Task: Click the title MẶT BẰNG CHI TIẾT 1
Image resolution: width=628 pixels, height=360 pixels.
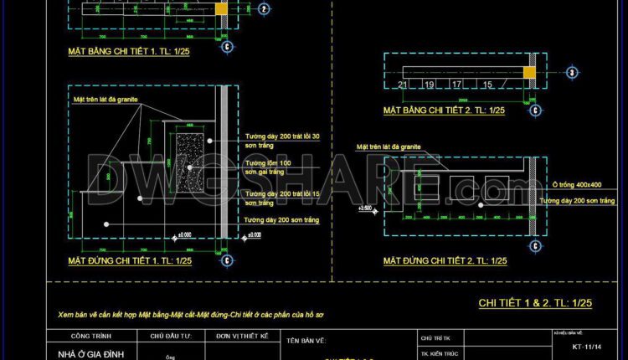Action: tap(130, 52)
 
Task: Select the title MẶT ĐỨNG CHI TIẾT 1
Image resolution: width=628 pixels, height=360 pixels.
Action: tap(130, 261)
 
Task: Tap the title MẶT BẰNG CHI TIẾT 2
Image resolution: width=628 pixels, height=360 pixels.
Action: tap(445, 110)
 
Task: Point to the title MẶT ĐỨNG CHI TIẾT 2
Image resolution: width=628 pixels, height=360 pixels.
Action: tap(445, 261)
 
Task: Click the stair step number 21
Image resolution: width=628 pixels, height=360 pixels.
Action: tap(403, 85)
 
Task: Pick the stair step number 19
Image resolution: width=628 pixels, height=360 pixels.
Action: tap(430, 85)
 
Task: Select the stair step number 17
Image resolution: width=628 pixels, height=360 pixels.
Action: tap(456, 85)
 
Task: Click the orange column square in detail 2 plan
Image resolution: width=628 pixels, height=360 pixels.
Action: tap(529, 73)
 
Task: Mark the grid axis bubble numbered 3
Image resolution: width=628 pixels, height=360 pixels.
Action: tap(264, 9)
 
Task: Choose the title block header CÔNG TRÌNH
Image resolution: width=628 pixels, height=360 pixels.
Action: tap(87, 335)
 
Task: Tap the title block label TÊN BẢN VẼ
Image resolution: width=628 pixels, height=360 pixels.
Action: tap(306, 341)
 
